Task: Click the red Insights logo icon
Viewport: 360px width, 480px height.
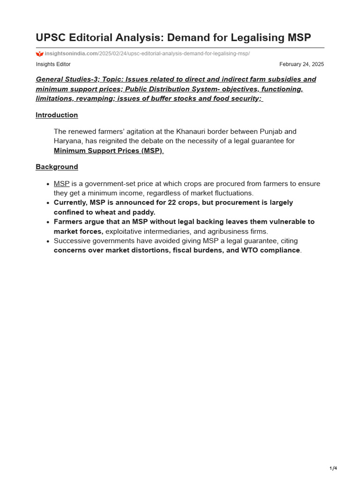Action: pos(39,54)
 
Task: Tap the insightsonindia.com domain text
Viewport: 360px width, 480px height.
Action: pos(71,54)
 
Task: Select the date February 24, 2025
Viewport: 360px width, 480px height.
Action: pos(301,64)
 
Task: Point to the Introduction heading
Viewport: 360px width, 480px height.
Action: pos(57,115)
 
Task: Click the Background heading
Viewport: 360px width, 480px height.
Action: pos(57,167)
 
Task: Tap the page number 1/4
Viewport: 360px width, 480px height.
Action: pos(333,468)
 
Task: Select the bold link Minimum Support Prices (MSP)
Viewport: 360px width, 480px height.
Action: pos(108,150)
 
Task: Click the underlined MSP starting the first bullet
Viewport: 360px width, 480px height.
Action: pos(61,184)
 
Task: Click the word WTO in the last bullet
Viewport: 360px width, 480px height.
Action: pos(249,250)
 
